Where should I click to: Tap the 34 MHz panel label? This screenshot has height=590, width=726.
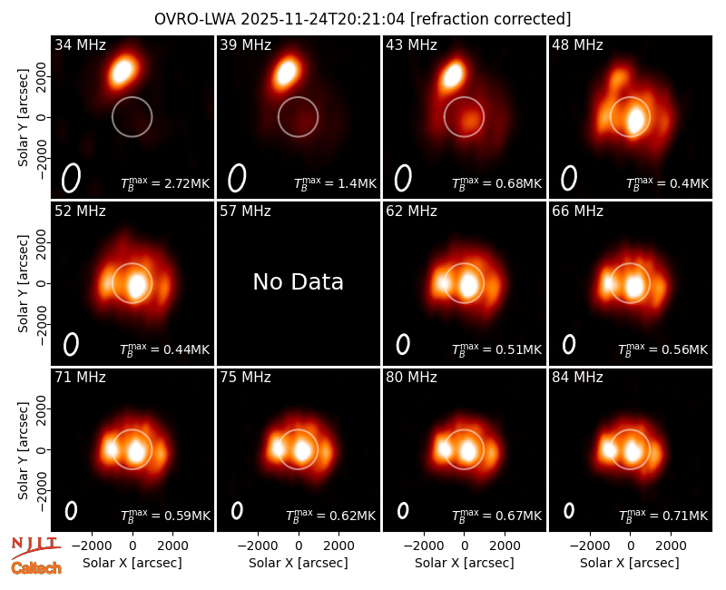[x=80, y=44]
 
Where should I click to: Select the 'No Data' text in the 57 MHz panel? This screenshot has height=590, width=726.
[x=299, y=281]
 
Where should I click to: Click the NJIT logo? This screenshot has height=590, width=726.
[x=35, y=547]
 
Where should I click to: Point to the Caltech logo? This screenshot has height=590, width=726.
[x=36, y=568]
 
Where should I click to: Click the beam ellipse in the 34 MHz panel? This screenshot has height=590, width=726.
[x=72, y=177]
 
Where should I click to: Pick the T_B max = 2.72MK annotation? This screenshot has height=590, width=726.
[x=165, y=183]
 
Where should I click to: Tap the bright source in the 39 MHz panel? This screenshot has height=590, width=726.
[x=286, y=72]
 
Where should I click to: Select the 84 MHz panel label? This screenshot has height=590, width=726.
[x=577, y=378]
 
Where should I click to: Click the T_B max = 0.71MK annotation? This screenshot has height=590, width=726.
[x=663, y=516]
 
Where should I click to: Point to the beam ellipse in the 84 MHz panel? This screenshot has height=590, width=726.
[x=569, y=510]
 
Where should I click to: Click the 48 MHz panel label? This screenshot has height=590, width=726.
[x=577, y=44]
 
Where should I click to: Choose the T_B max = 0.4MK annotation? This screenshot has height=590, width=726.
[x=667, y=183]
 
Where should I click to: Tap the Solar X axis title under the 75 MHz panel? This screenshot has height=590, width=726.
[x=299, y=563]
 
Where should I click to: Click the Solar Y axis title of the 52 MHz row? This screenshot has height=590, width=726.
[x=24, y=283]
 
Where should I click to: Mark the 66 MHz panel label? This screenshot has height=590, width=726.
[x=577, y=211]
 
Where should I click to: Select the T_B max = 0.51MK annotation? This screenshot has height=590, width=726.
[x=496, y=349]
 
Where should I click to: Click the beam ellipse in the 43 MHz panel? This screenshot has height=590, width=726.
[x=403, y=178]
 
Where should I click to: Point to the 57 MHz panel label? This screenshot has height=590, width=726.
[x=245, y=211]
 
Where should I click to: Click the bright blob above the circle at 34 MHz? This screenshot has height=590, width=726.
[x=123, y=71]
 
